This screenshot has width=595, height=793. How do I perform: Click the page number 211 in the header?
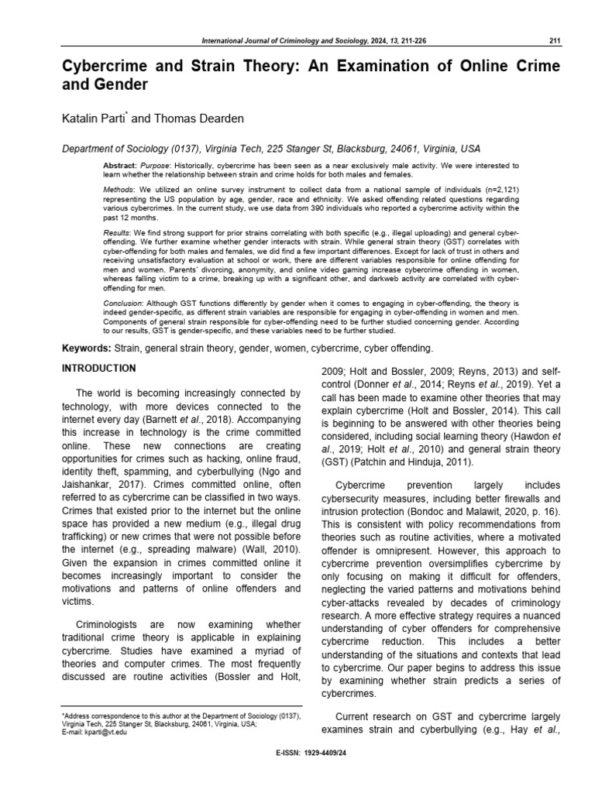pyautogui.click(x=554, y=41)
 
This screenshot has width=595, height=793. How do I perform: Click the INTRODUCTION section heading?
pyautogui.click(x=98, y=368)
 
